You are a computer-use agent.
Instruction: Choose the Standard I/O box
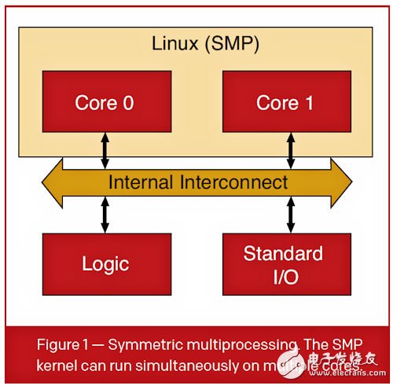point(283,265)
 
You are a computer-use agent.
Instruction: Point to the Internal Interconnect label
point(198,182)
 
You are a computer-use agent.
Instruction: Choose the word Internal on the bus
point(138,182)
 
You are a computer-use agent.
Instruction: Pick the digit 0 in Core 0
point(131,102)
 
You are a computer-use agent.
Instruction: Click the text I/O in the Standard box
point(282,276)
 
